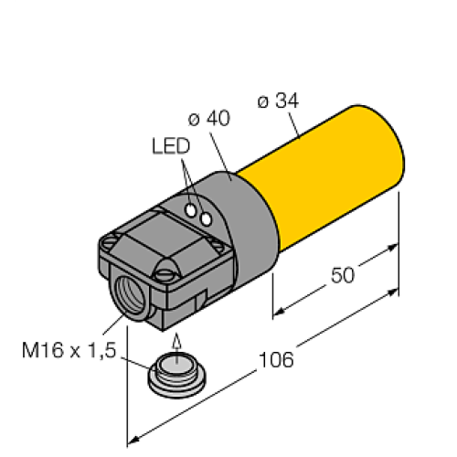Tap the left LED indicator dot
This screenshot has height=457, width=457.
pos(192,210)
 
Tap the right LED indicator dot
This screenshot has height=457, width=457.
pos(207,218)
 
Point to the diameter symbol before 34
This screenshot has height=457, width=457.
pos(262,101)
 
